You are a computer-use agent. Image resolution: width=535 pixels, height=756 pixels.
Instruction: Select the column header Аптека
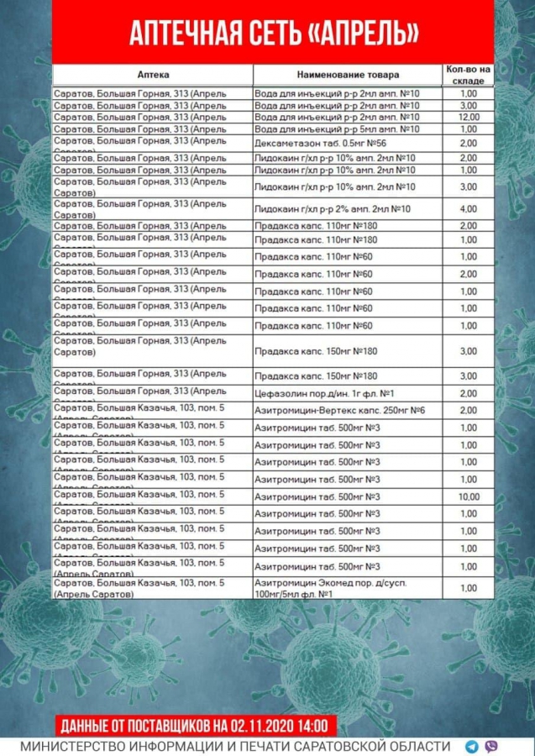click(x=152, y=75)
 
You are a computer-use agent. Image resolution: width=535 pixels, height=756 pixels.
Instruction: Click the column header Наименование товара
click(x=348, y=75)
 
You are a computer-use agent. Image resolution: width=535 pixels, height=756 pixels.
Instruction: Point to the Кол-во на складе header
click(x=469, y=75)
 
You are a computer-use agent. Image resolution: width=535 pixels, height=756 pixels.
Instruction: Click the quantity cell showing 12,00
click(x=469, y=118)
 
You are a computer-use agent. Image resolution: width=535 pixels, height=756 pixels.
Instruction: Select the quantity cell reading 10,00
click(x=469, y=497)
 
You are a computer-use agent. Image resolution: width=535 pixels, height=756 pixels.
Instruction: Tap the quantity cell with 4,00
click(x=469, y=208)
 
